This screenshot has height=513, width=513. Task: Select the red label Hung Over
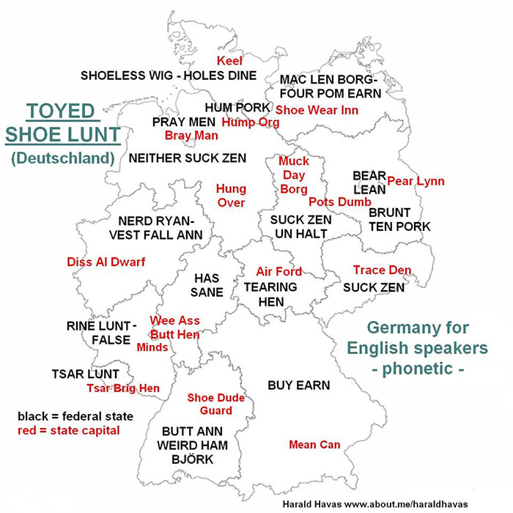point(231,196)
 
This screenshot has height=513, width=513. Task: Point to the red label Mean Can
point(314,444)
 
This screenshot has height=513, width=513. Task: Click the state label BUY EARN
point(298,385)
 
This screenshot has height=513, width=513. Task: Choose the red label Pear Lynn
point(416,181)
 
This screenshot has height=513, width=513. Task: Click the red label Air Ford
point(278,271)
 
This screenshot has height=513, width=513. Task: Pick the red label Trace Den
point(382,270)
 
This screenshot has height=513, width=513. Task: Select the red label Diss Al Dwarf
point(106,262)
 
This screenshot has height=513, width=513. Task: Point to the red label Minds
point(152,347)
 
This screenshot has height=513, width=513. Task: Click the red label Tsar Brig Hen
point(123,388)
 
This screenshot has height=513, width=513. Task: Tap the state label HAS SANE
point(207,284)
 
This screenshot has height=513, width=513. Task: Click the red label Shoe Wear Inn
point(317,110)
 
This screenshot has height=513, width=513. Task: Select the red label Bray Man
point(191,136)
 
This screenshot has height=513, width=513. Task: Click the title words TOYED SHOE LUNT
point(62,122)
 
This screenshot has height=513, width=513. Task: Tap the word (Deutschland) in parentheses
point(63,158)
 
